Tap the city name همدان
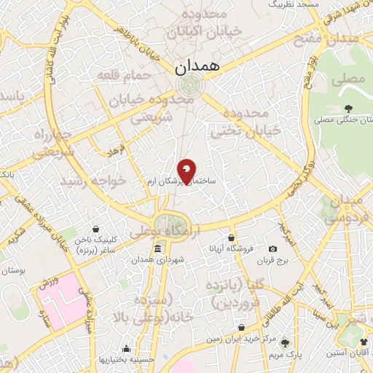tap(195, 67)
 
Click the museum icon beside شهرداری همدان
tap(158, 250)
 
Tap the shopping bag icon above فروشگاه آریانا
tap(231, 237)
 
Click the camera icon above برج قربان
tap(273, 249)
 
